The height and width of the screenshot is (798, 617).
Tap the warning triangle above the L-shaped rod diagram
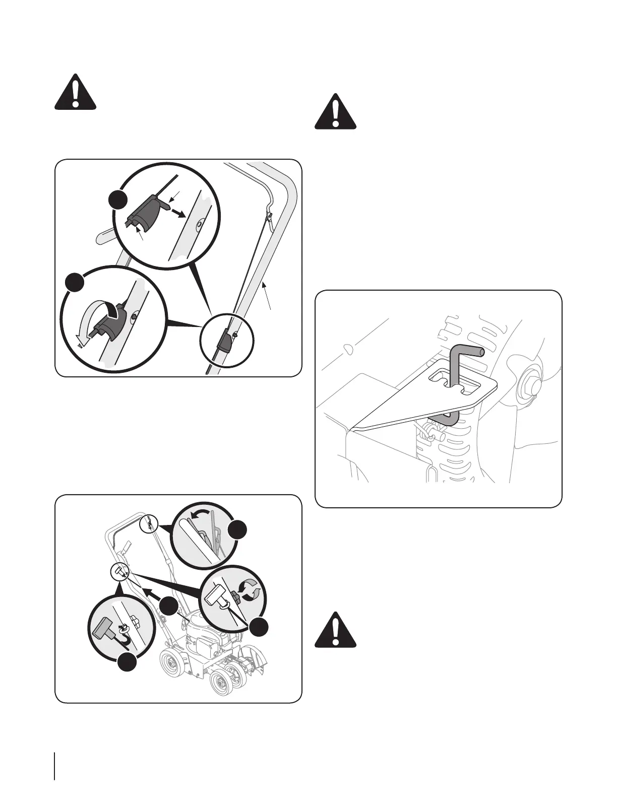pos(336,111)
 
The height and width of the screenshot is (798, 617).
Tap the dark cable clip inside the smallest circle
pos(225,343)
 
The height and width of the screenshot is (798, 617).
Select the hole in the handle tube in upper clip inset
pos(200,222)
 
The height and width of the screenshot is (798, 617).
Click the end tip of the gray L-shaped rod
pos(482,352)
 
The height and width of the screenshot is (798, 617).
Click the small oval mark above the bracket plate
pos(348,348)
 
